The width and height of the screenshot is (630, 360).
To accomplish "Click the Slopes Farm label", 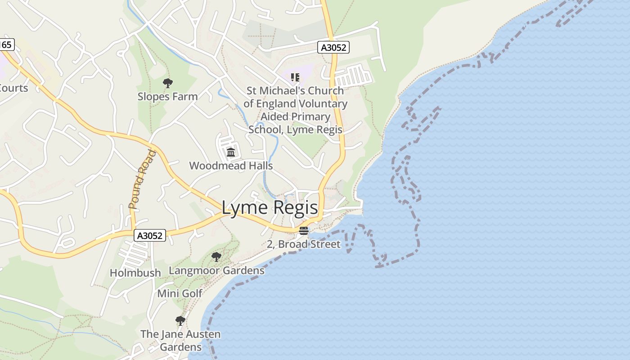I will [167, 97].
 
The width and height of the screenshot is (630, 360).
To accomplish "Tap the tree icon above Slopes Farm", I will [168, 83].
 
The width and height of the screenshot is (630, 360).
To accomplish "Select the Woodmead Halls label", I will [231, 166].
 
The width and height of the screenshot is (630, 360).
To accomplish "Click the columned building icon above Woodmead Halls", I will [231, 152].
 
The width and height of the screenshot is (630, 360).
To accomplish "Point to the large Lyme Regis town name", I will [270, 208].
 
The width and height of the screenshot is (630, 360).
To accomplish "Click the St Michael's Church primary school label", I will [295, 110].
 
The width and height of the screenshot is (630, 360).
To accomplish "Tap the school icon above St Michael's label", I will [295, 77].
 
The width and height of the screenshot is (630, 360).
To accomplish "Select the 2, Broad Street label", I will [304, 244].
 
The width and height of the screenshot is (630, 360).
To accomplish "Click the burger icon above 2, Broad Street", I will [304, 231].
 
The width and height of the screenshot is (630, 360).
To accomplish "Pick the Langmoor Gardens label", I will [216, 270].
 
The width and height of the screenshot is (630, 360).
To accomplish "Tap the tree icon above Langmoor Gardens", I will [216, 257].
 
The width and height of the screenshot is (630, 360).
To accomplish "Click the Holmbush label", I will [135, 273].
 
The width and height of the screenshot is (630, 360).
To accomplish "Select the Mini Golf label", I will [180, 293].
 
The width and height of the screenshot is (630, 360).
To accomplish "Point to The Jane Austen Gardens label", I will [180, 341].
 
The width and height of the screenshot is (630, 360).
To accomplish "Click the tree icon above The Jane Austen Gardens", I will [180, 321].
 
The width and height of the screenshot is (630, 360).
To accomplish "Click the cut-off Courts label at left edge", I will [13, 88].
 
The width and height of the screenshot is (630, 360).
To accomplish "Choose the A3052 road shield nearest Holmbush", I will [150, 235].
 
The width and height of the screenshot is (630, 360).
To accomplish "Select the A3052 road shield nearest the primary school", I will [333, 47].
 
